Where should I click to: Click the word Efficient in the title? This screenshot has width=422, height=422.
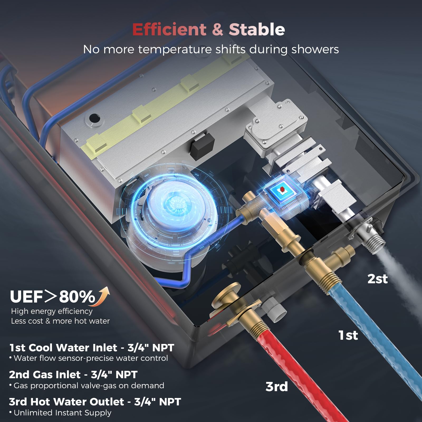click(169, 29)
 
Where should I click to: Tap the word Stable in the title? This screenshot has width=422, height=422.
click(257, 29)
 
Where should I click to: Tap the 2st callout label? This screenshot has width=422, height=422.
click(377, 279)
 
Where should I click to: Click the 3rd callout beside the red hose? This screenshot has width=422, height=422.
click(277, 387)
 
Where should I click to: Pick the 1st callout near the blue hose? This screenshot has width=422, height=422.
click(348, 335)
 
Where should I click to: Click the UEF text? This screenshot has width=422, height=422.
click(26, 297)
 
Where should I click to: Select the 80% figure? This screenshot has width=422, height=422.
click(77, 297)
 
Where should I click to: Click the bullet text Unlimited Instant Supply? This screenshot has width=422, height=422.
click(63, 413)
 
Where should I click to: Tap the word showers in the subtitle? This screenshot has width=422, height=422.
click(315, 49)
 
